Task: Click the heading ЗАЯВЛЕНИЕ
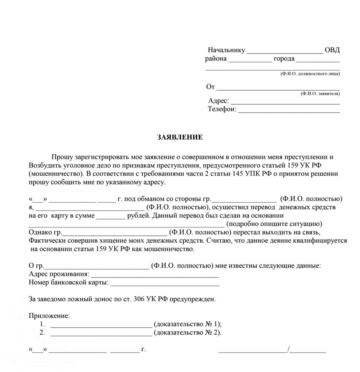click(180, 138)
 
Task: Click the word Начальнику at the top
click(226, 50)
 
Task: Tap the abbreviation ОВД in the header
click(332, 50)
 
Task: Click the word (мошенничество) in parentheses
click(52, 174)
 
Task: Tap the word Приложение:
click(49, 316)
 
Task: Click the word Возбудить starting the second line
click(43, 165)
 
